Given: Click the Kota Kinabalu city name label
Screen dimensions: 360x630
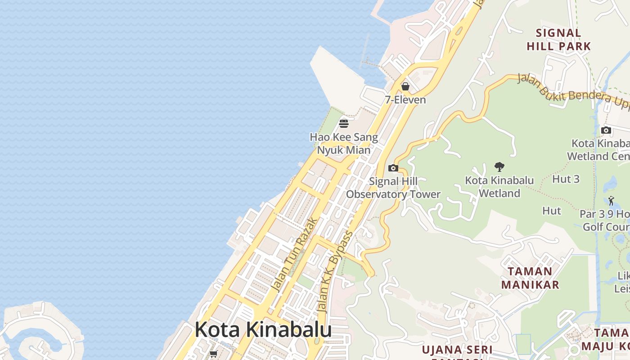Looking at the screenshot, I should [263, 329].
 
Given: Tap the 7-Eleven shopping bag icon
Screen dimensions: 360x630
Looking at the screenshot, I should [405, 86].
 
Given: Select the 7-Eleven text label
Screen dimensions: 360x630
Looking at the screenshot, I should [405, 99].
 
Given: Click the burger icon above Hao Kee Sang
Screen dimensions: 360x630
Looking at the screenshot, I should [344, 123].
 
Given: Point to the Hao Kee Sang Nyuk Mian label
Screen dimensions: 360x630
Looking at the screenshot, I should [344, 143].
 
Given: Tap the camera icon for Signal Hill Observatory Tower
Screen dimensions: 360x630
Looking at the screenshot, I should [393, 168].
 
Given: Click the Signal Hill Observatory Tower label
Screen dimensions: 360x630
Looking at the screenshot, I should [393, 188].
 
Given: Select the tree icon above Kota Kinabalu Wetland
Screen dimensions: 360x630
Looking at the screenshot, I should [499, 167].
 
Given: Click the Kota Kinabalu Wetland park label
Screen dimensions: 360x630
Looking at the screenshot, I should [499, 187].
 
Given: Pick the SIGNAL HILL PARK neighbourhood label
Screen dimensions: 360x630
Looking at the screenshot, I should [558, 39].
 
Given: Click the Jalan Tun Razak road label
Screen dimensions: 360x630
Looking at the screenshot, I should [295, 255].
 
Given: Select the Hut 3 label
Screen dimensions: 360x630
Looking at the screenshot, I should [566, 179].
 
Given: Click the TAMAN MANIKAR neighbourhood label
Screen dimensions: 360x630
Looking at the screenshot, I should [530, 278].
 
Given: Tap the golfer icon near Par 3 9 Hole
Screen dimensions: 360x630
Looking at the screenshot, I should [611, 201].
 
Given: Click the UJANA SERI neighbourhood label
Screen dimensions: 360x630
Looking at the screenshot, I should [457, 350].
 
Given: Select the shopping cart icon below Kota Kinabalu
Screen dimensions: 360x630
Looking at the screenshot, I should [214, 354].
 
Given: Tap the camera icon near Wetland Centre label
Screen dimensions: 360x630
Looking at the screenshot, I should [606, 130].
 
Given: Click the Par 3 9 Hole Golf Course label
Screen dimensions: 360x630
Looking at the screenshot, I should [605, 220].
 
